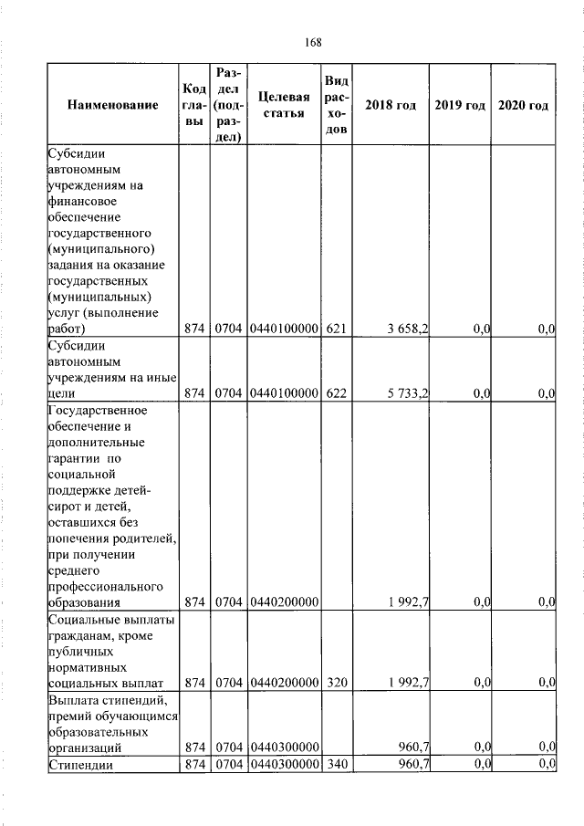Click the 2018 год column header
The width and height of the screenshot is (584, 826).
click(391, 106)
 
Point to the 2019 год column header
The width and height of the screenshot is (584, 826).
click(460, 106)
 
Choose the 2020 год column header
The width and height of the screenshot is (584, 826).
click(524, 106)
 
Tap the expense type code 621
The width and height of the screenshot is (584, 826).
click(336, 329)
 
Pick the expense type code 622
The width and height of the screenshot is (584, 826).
click(336, 393)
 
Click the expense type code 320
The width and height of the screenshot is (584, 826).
click(336, 682)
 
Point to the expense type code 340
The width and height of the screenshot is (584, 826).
click(336, 764)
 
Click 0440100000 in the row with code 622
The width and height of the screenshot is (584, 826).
click(283, 393)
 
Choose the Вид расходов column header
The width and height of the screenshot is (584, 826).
click(336, 106)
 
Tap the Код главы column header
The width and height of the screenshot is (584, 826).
click(193, 106)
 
